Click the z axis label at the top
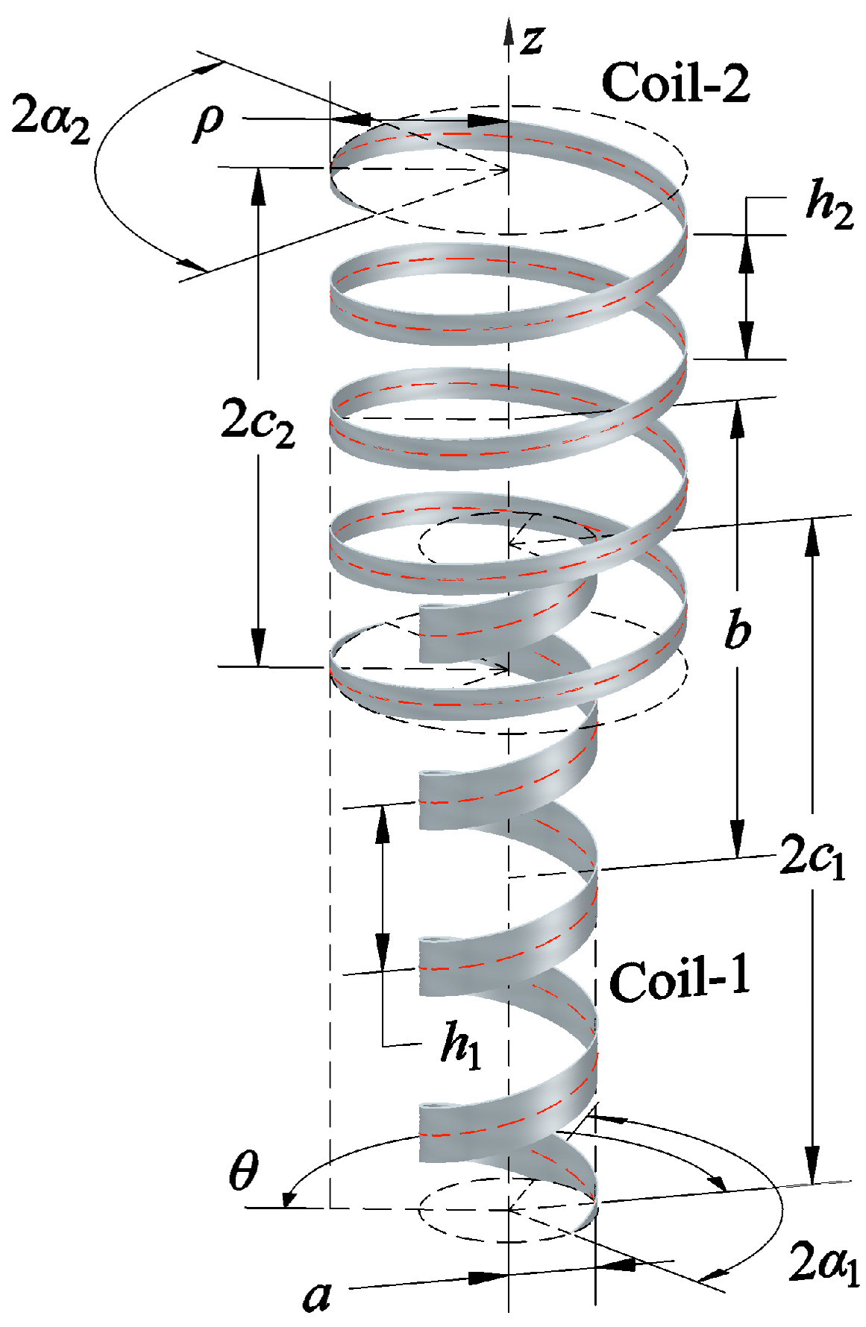coord(532,39)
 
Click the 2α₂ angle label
coord(51,119)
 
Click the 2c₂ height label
coord(258,422)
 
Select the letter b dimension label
coord(737,630)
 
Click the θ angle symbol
coord(243,1171)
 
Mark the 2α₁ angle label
coord(824,1263)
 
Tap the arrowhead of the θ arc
coord(288,1202)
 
